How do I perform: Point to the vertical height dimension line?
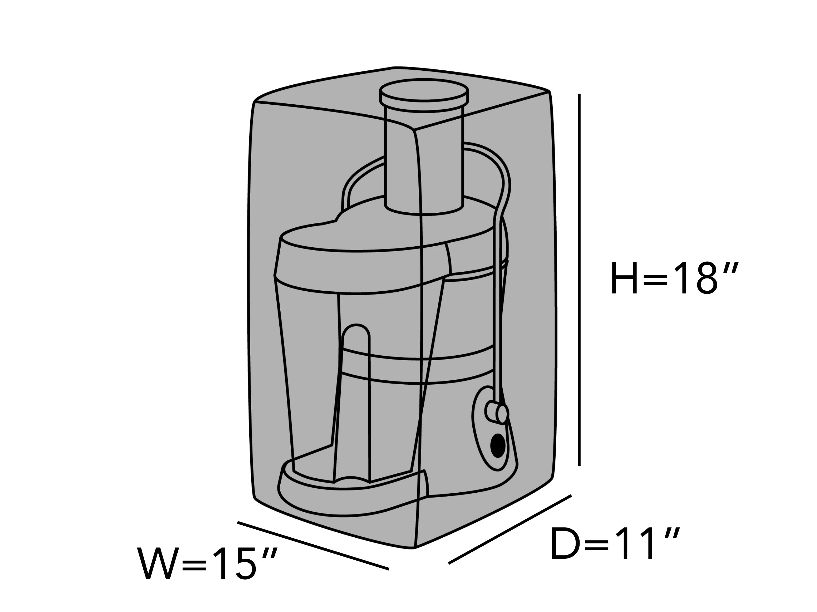[x=579, y=279]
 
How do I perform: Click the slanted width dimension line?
[x=313, y=546]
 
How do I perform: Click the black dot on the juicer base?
[x=498, y=445]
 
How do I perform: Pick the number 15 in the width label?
[x=235, y=564]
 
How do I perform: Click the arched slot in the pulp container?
[x=355, y=402]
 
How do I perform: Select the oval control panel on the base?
[x=491, y=428]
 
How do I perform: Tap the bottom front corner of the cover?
[x=415, y=547]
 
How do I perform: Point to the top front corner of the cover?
[x=415, y=129]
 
